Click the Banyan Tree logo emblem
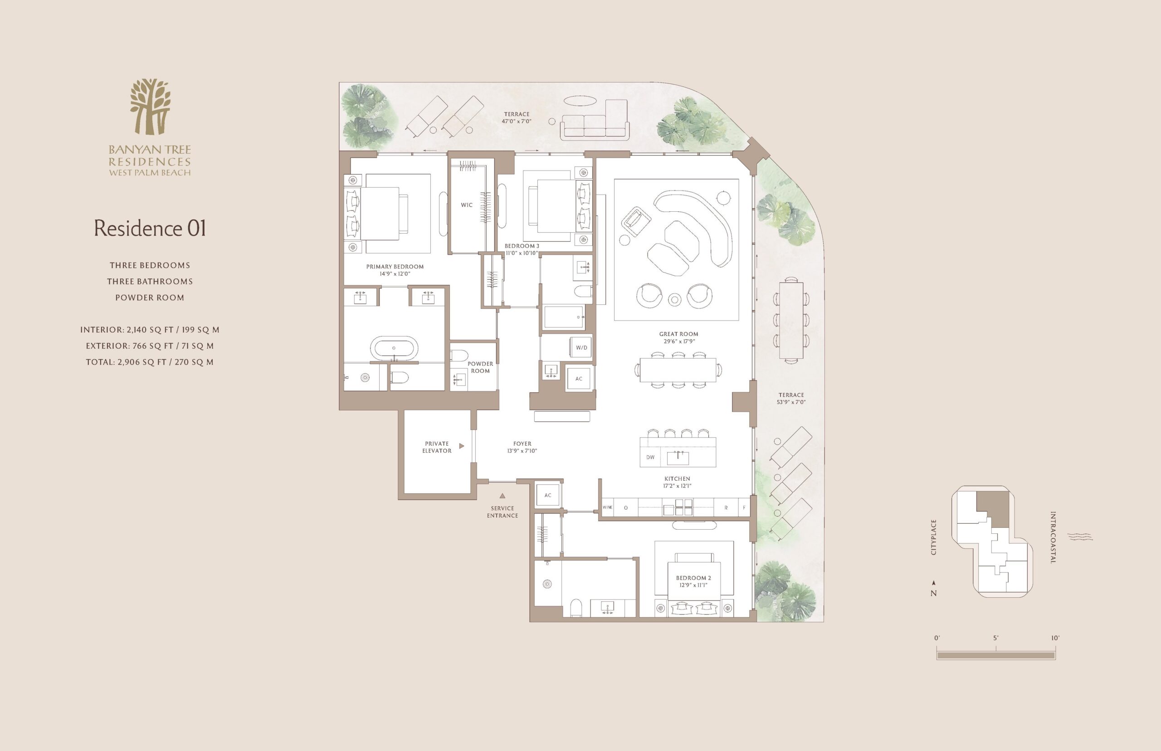click(150, 106)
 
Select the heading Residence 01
click(150, 228)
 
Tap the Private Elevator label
click(437, 447)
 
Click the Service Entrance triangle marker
click(502, 496)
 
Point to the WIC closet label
click(467, 205)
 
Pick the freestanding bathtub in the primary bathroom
click(394, 348)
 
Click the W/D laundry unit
click(581, 347)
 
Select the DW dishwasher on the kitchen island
click(650, 457)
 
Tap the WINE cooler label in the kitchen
click(608, 507)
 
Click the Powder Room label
click(480, 367)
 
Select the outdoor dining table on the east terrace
click(791, 320)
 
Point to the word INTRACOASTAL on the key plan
click(1053, 537)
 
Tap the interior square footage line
click(150, 330)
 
